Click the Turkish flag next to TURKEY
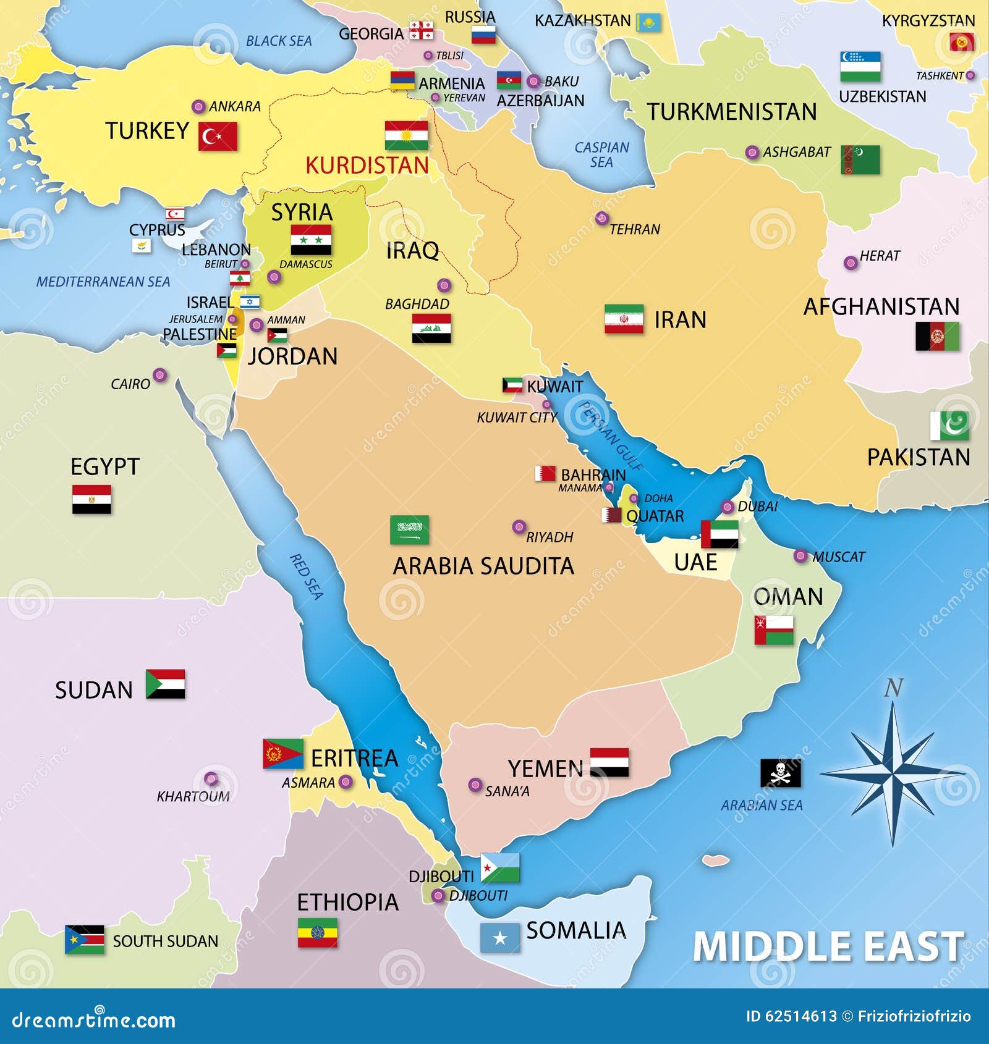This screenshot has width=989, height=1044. (x=218, y=137)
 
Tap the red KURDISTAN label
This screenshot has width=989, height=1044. (x=367, y=166)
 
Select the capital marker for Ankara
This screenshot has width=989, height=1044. (x=198, y=107)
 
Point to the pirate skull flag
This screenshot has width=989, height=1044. (x=780, y=772)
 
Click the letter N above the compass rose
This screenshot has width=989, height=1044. (x=893, y=688)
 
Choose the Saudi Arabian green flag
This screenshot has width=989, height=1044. (x=409, y=530)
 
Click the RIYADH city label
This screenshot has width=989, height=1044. (x=550, y=537)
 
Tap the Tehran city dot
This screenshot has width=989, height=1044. (x=601, y=218)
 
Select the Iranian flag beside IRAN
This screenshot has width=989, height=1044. (x=624, y=319)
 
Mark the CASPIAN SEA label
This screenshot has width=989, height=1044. (x=601, y=154)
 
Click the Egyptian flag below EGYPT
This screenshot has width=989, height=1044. (x=91, y=499)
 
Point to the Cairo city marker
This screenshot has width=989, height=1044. (x=159, y=375)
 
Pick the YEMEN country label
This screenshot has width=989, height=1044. (x=545, y=768)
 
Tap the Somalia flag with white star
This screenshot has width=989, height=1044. (x=500, y=938)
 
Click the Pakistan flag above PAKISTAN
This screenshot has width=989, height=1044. (x=949, y=426)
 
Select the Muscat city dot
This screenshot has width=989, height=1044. (x=800, y=556)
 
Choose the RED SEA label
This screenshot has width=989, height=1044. (x=307, y=576)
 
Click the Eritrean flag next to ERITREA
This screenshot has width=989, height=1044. (x=282, y=754)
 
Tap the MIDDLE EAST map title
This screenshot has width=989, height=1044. (x=828, y=946)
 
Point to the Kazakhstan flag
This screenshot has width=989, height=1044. (x=648, y=23)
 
